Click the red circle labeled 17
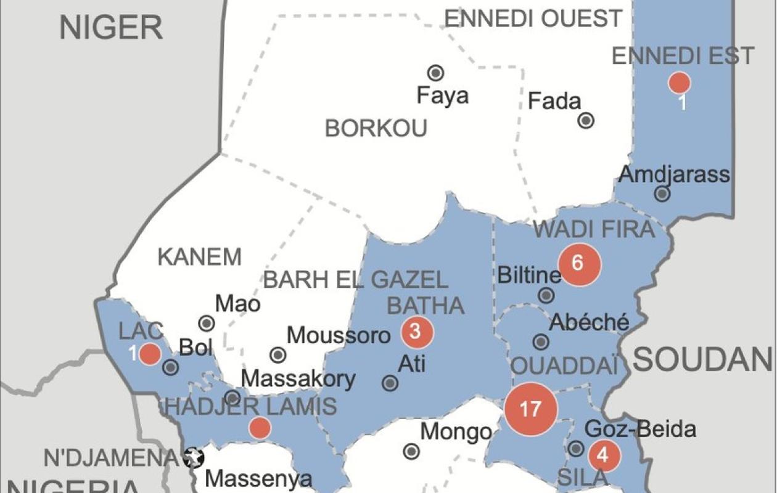point(531,409)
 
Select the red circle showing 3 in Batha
point(417,332)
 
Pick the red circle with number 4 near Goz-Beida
point(604,456)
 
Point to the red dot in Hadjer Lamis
point(260,428)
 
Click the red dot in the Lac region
point(150,354)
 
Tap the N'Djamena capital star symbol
point(195,458)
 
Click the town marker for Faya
point(436,73)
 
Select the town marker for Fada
point(586,120)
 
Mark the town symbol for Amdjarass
point(662,194)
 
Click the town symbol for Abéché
point(541,342)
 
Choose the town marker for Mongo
point(411,452)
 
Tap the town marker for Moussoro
point(278,355)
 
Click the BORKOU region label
point(376,129)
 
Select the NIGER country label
point(111,28)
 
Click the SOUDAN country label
point(702,359)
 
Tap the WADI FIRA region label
point(593,230)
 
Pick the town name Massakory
point(298,379)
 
